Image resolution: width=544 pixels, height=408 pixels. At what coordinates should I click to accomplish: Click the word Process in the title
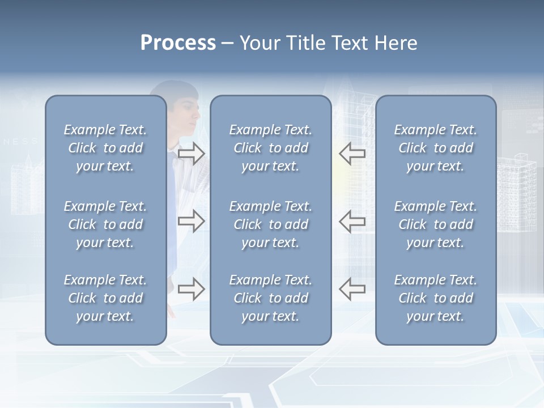[178, 43]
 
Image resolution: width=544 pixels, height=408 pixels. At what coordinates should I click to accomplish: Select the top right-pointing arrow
[191, 154]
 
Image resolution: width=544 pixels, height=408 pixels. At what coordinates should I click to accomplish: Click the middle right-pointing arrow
[191, 221]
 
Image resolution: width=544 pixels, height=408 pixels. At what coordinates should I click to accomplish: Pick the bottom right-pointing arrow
[191, 289]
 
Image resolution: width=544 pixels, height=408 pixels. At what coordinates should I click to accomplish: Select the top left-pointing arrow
[352, 154]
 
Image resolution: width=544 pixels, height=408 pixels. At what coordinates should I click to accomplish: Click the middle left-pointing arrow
[352, 221]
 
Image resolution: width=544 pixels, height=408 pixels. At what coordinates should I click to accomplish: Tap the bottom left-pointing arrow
[352, 289]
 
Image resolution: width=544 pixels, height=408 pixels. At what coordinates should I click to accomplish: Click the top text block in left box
[105, 148]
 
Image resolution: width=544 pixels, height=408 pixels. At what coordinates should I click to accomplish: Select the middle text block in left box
[105, 224]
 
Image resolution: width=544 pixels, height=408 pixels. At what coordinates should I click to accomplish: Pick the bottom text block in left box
[105, 298]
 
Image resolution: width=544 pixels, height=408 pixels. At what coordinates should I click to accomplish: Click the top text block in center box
[270, 148]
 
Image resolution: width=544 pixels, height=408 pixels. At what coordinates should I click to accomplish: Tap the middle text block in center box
[270, 224]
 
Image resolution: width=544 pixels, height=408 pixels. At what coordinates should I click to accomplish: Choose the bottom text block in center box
[270, 298]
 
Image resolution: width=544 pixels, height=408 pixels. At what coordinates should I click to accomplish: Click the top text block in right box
[435, 148]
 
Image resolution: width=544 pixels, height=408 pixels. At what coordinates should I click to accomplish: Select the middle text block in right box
[435, 224]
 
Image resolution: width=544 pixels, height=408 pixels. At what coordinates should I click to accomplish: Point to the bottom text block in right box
[435, 298]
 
